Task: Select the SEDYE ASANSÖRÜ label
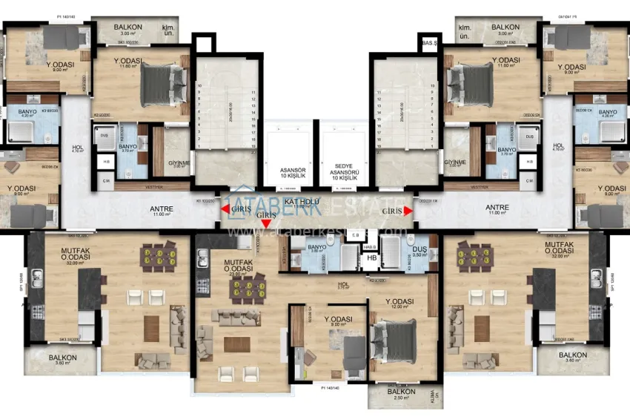343,174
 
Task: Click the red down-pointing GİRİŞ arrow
266,223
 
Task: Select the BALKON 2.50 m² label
401,395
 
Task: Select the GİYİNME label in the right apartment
454,163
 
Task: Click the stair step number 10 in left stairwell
200,86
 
